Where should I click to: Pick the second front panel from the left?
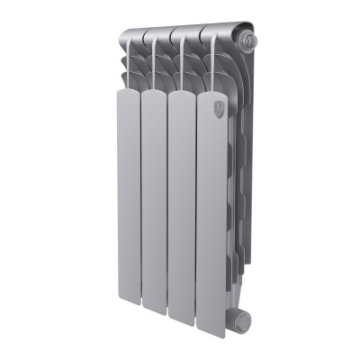pyautogui.click(x=155, y=207)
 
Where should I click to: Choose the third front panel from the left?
pyautogui.click(x=184, y=207)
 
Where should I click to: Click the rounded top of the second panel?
pyautogui.click(x=154, y=93)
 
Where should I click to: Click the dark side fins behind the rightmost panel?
pyautogui.click(x=236, y=180)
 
